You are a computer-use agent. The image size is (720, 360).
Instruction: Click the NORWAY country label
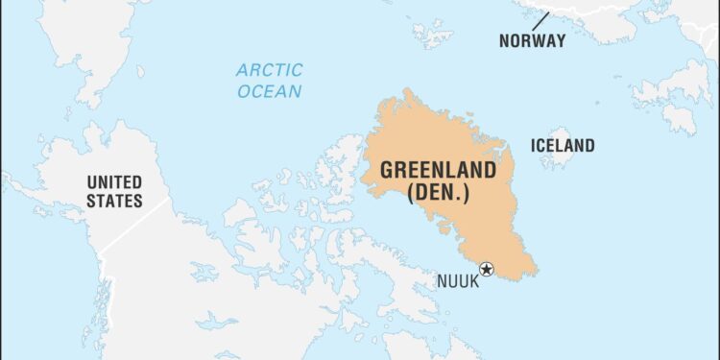pyautogui.click(x=532, y=40)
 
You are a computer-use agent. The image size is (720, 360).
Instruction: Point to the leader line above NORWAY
pyautogui.click(x=540, y=20)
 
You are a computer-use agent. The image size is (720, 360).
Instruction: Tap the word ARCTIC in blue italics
pyautogui.click(x=270, y=70)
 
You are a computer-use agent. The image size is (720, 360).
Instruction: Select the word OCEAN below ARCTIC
pyautogui.click(x=270, y=92)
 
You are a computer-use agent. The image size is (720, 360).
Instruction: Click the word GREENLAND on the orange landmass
pyautogui.click(x=439, y=171)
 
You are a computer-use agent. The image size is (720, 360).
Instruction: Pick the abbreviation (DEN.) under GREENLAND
pyautogui.click(x=439, y=193)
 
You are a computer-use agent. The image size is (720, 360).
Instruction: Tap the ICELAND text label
pyautogui.click(x=563, y=146)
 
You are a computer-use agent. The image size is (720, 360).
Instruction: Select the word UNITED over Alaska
pyautogui.click(x=114, y=181)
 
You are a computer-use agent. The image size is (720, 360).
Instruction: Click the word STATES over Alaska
pyautogui.click(x=114, y=202)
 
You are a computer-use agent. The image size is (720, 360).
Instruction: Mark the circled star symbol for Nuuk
pyautogui.click(x=487, y=270)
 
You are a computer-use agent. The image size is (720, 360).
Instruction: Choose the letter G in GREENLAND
pyautogui.click(x=387, y=171)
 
